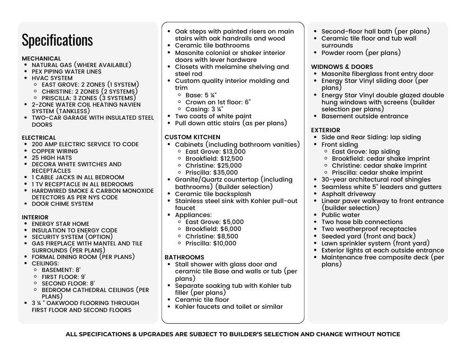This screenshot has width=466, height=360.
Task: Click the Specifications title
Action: tap(57, 40)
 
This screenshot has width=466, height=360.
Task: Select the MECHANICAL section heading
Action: tap(41, 58)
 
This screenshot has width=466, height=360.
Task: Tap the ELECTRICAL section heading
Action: tap(39, 138)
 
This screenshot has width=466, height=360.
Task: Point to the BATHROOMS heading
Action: tap(184, 257)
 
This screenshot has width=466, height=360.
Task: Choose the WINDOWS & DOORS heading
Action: tap(342, 67)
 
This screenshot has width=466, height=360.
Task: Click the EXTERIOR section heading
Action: tap(326, 130)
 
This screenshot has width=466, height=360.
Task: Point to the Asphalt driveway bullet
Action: tap(349, 194)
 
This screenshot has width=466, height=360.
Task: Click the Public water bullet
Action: tap(341, 215)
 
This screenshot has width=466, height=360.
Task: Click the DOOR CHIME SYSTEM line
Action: tap(62, 204)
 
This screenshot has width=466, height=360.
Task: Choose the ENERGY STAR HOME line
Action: tap(61, 224)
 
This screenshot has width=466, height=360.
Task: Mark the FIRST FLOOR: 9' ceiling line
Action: tap(64, 277)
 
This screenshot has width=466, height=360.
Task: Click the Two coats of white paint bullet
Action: tap(213, 116)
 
